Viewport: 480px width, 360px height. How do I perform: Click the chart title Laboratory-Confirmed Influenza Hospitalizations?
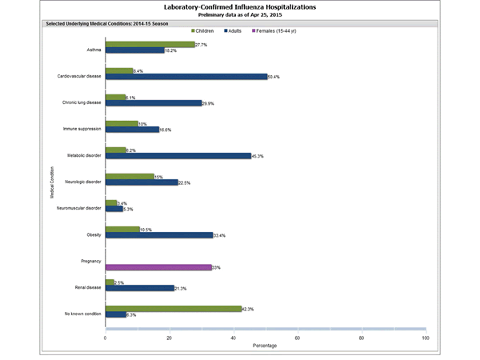click(239, 6)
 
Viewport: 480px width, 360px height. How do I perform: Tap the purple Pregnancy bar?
click(158, 267)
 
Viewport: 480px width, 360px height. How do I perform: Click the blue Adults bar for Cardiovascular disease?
click(186, 77)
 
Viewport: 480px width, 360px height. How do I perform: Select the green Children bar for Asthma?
click(150, 45)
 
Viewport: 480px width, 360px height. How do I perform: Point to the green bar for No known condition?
click(173, 309)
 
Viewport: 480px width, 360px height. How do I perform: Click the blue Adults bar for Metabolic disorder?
click(178, 156)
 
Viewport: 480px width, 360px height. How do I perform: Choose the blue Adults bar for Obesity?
click(158, 235)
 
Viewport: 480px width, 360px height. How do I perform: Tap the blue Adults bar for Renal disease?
click(139, 288)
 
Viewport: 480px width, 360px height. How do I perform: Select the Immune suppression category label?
click(82, 128)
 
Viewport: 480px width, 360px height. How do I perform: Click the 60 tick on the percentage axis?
click(298, 338)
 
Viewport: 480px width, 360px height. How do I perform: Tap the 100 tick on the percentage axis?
click(425, 338)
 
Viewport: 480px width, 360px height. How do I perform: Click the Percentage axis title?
click(266, 346)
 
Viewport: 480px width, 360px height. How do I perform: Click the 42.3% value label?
click(249, 309)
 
